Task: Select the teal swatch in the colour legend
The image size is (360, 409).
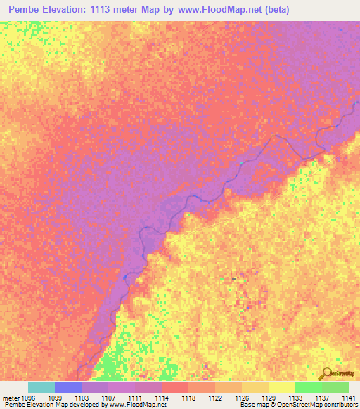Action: point(41,387)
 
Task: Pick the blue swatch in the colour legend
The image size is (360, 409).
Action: point(68,387)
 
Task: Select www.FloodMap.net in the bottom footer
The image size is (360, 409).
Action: point(137,405)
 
